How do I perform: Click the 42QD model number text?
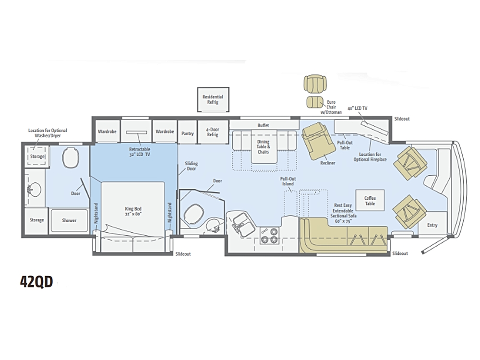36,281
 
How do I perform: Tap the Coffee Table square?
370,201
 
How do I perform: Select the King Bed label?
133,211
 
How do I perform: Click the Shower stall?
69,220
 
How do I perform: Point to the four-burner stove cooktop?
270,235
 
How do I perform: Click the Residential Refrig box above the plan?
213,99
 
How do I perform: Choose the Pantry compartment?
187,132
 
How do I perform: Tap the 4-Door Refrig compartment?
213,132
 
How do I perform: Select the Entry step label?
432,225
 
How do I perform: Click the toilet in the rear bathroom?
71,157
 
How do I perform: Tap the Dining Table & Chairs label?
263,146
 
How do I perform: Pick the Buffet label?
263,125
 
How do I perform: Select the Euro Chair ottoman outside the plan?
315,102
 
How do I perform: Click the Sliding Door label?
192,166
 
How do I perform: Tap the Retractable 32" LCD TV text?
140,152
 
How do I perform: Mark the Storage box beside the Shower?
36,220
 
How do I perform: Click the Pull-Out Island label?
288,181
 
